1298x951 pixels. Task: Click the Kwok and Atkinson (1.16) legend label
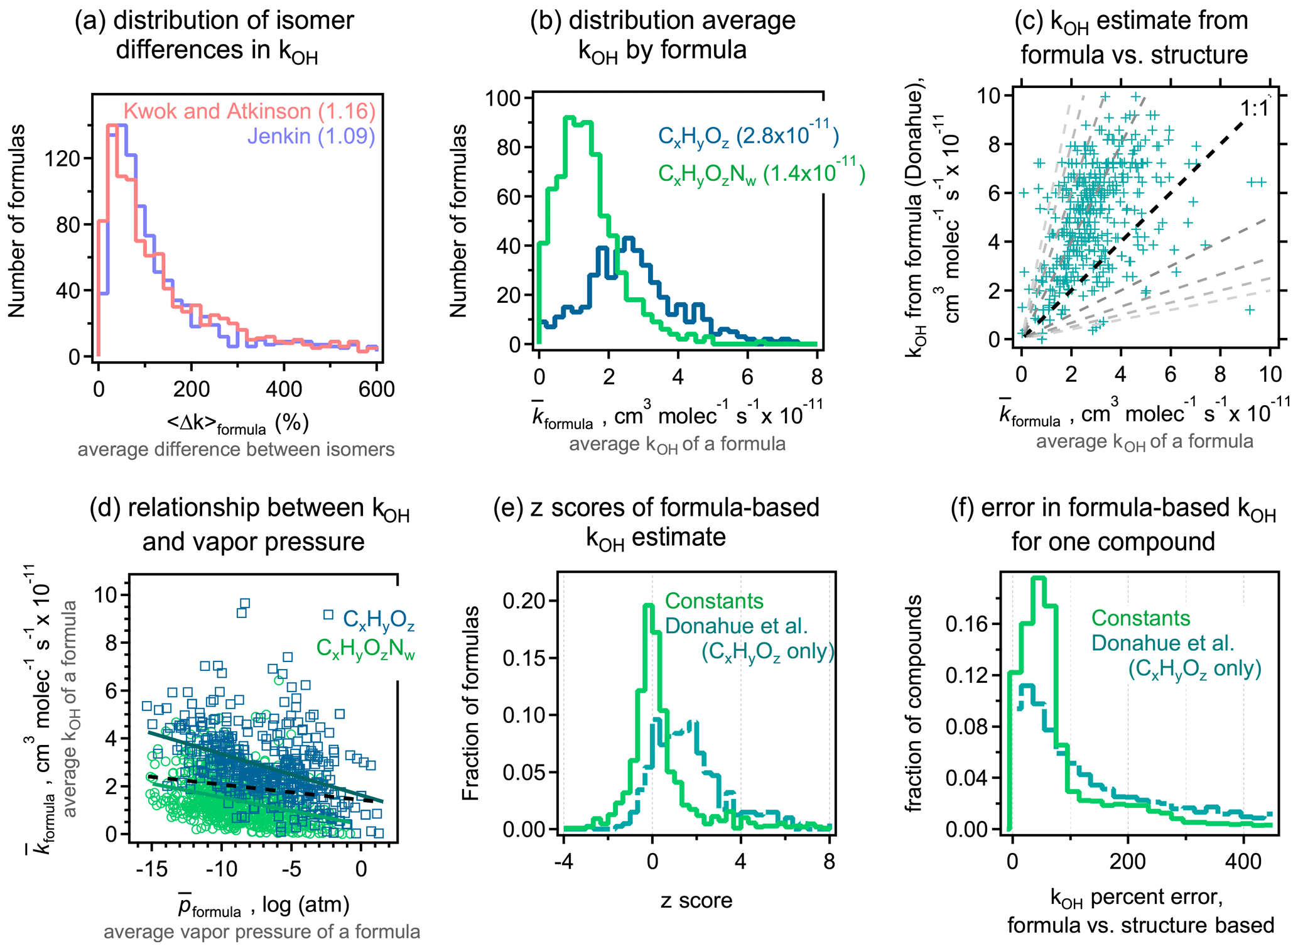249,111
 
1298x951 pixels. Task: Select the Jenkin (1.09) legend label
311,136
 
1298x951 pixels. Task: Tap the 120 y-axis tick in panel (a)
62,158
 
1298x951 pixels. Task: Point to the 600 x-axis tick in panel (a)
376,389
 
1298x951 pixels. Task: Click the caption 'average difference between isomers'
236,450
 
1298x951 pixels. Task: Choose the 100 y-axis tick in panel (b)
504,99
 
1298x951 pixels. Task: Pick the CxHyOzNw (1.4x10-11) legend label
761,173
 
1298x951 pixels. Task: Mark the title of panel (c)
1133,38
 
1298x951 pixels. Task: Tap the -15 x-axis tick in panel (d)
151,869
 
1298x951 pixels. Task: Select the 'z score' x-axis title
696,901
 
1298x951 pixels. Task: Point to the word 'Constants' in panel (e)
714,601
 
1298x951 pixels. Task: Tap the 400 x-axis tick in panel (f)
1243,861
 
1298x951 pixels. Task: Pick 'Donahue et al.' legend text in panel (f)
1163,643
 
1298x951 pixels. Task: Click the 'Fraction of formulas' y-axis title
470,703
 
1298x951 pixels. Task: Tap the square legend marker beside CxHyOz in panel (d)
328,615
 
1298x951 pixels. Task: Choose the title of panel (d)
250,524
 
